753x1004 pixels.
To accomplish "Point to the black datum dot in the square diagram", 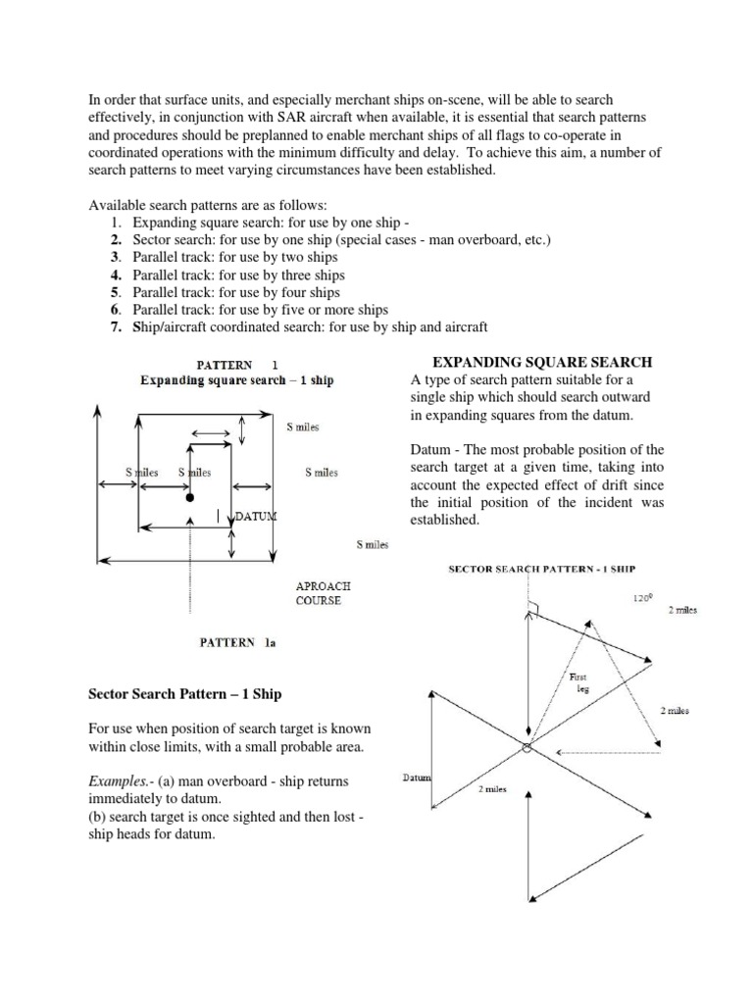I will point(189,498).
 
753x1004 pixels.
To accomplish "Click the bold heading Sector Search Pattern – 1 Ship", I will point(183,694).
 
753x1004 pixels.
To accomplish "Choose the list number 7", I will point(115,326).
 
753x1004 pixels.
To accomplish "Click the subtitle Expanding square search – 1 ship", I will point(236,379).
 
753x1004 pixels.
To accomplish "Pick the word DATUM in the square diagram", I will point(256,516).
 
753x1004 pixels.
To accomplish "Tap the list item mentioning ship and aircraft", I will point(308,326).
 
